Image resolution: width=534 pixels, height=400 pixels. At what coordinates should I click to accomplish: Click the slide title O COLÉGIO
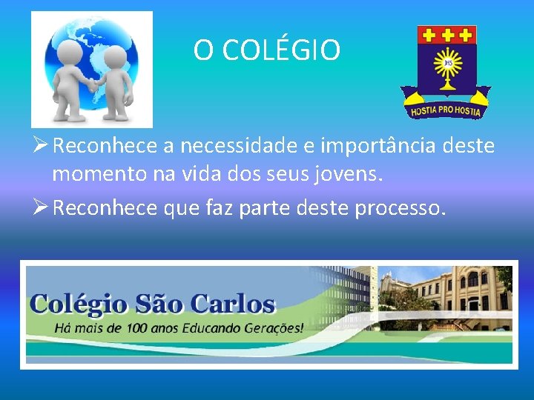(267, 50)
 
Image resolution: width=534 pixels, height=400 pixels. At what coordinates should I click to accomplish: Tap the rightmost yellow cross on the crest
(465, 34)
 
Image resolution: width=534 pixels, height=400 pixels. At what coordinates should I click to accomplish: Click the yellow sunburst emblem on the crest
(447, 65)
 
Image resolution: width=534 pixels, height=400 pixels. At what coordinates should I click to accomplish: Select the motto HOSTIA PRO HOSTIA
(446, 111)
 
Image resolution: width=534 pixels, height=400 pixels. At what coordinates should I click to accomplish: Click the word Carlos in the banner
(233, 304)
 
